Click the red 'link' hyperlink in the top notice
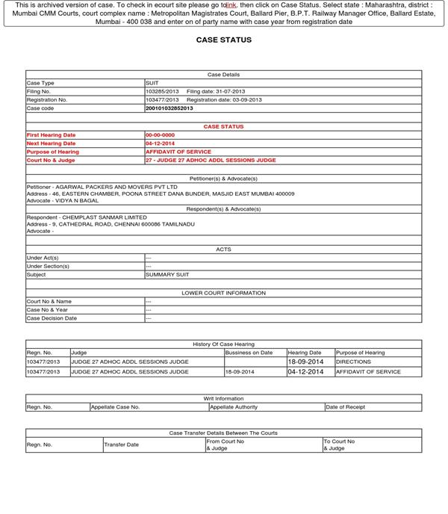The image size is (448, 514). pos(231,4)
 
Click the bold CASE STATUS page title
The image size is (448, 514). pos(223,39)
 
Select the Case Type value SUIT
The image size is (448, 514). pos(152,83)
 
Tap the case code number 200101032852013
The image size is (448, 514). pos(169,108)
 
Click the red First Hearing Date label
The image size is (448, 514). pos(51,135)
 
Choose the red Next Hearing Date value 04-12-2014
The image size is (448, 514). pos(161,143)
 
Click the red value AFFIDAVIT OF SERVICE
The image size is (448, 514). pos(178,152)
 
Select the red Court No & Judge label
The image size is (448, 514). pos(51,160)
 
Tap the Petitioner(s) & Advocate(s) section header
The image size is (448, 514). pos(223,179)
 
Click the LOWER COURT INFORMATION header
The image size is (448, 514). pos(223,293)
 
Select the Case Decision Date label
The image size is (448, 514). pos(52,318)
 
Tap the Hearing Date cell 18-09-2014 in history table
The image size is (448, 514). pos(305,362)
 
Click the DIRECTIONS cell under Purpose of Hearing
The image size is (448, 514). pos(353,362)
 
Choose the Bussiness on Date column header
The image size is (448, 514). pos(249,353)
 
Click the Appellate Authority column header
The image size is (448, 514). pos(234,407)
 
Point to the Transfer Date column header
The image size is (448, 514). pos(122,445)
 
